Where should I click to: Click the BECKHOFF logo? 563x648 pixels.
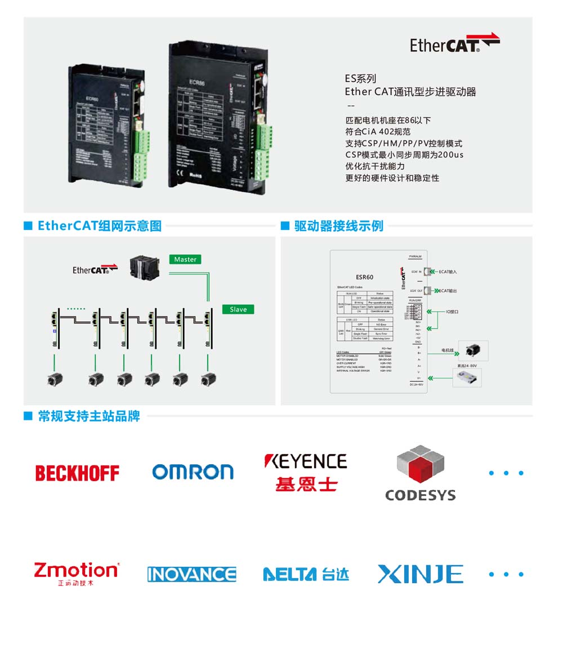[77, 473]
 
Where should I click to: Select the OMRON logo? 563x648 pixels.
[193, 472]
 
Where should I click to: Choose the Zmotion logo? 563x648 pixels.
[77, 572]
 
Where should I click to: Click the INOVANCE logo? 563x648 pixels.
[191, 574]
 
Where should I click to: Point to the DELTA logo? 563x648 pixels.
[306, 574]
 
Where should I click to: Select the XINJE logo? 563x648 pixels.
[420, 574]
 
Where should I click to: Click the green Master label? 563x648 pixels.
[185, 259]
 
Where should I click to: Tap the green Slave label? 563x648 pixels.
[238, 309]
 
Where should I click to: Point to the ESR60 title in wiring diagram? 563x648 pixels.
[365, 277]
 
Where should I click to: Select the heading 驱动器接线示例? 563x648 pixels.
[339, 226]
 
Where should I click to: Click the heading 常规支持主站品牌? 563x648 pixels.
[89, 416]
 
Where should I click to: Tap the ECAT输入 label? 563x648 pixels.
[448, 272]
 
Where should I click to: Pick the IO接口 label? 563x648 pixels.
[452, 311]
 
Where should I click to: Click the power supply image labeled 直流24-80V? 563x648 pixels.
[467, 378]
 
